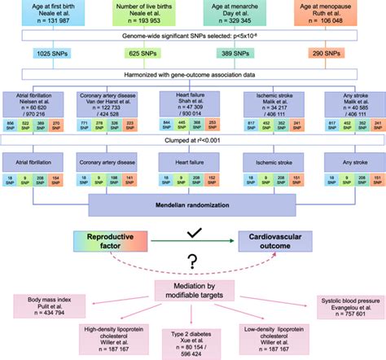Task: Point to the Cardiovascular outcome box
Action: pyautogui.click(x=276, y=240)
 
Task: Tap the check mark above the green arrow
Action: pyautogui.click(x=194, y=230)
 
